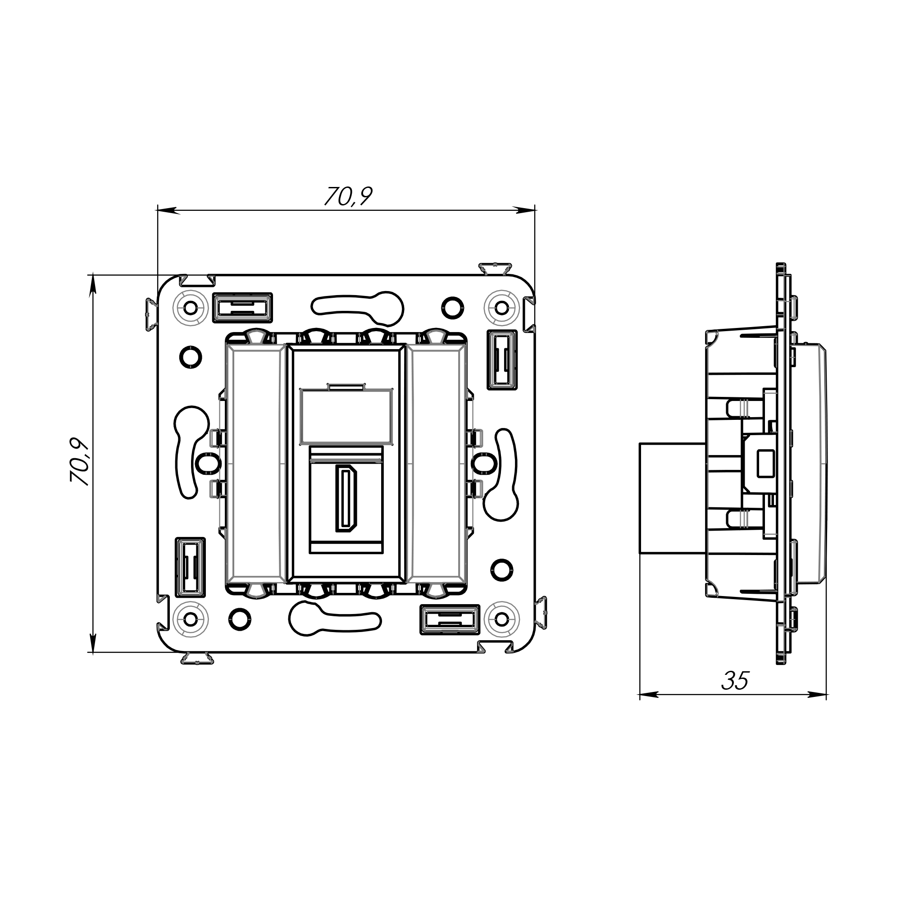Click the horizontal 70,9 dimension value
coord(348,196)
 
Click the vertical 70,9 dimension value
coord(80,462)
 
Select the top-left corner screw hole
coord(191,308)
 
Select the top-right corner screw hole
coord(501,308)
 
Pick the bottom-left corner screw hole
coord(191,619)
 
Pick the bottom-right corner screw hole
coord(501,619)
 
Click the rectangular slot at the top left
coord(242,308)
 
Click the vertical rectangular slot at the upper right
coord(502,359)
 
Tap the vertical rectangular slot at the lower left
coord(190,567)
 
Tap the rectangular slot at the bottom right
coord(450,619)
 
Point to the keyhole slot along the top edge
coord(358,308)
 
